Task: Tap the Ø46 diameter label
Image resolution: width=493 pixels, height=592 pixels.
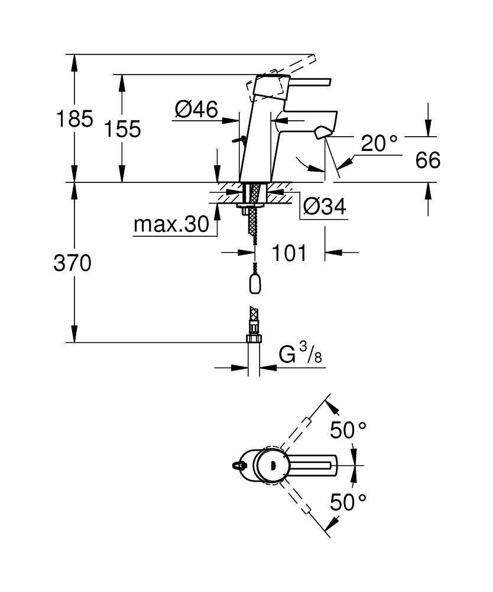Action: (196, 109)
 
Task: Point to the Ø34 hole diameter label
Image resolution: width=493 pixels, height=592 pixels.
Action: (323, 206)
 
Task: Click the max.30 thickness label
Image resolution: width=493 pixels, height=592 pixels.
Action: (171, 224)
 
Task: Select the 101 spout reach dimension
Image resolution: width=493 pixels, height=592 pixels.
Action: (290, 253)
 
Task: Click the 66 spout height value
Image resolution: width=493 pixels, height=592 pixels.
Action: (427, 159)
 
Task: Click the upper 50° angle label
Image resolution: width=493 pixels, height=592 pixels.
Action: (348, 430)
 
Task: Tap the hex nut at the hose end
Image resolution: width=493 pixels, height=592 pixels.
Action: (254, 339)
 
